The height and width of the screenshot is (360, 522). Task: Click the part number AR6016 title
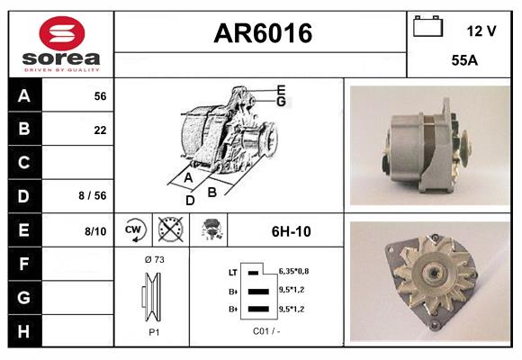pos(262,33)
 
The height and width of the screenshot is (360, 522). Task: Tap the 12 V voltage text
pos(481,31)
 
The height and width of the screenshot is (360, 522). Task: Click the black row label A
pos(23,96)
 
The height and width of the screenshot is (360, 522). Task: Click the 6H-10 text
pos(291,231)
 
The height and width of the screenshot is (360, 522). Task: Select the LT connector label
pos(233,271)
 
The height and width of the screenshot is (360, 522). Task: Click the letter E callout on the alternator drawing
pos(281,89)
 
